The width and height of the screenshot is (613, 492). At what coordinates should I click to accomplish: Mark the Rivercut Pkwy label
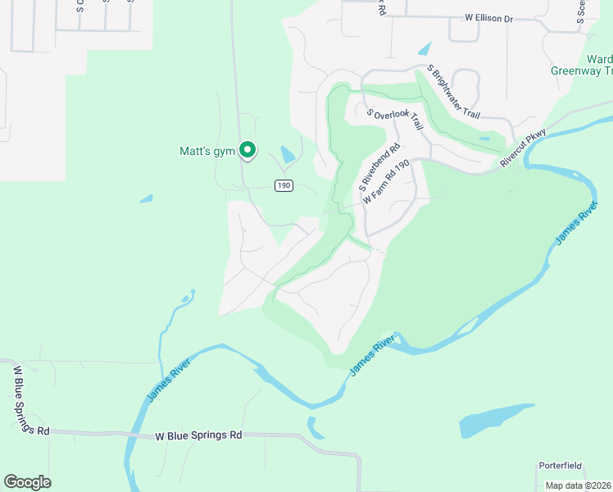(x=523, y=148)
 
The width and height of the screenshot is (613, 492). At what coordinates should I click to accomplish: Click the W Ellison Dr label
(x=488, y=16)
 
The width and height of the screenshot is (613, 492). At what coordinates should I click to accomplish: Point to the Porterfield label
(x=561, y=466)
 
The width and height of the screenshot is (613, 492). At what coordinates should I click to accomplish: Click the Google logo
(x=27, y=481)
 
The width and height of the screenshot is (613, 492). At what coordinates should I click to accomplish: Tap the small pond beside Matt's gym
(x=287, y=154)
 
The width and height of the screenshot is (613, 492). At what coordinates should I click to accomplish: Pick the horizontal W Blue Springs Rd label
(x=200, y=436)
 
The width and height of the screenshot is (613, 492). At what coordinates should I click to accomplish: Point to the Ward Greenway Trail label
(x=595, y=66)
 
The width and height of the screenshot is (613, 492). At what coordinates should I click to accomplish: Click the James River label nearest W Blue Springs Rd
(x=169, y=380)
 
